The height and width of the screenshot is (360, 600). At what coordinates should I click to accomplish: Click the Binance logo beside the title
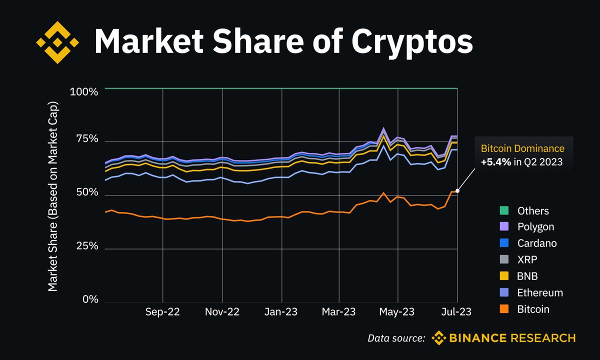tap(58, 42)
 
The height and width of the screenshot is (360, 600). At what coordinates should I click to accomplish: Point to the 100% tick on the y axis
tap(84, 92)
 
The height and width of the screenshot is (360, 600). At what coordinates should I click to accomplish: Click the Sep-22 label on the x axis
tap(162, 312)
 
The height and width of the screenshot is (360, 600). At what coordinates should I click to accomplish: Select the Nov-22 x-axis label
tap(222, 312)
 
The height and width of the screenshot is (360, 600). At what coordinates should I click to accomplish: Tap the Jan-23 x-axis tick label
tap(281, 312)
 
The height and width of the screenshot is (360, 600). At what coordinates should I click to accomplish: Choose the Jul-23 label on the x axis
tap(456, 312)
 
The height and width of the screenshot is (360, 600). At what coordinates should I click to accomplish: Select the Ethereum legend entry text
tap(540, 293)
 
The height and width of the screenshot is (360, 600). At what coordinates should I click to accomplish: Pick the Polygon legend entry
tap(535, 227)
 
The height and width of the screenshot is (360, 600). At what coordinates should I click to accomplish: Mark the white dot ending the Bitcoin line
tap(457, 190)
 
